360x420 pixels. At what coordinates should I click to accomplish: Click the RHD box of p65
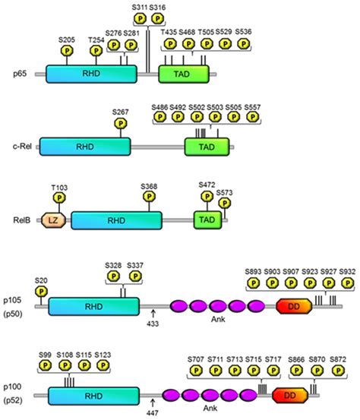pos(91,74)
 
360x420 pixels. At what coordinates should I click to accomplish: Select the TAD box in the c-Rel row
pos(201,147)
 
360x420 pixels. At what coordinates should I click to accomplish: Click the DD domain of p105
pos(292,305)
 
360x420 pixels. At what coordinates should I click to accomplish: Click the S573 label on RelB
pos(225,193)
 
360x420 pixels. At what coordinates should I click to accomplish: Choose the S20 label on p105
pos(41,280)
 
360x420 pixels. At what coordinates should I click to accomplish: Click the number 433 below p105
pos(153,321)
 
